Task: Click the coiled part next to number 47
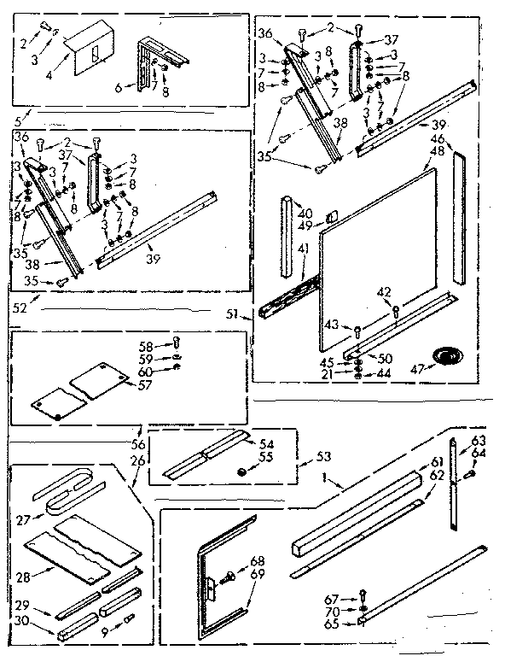tap(445, 354)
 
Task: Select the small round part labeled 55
tap(241, 470)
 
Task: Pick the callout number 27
tap(23, 518)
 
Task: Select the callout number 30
tap(23, 621)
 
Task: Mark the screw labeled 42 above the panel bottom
tap(397, 309)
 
